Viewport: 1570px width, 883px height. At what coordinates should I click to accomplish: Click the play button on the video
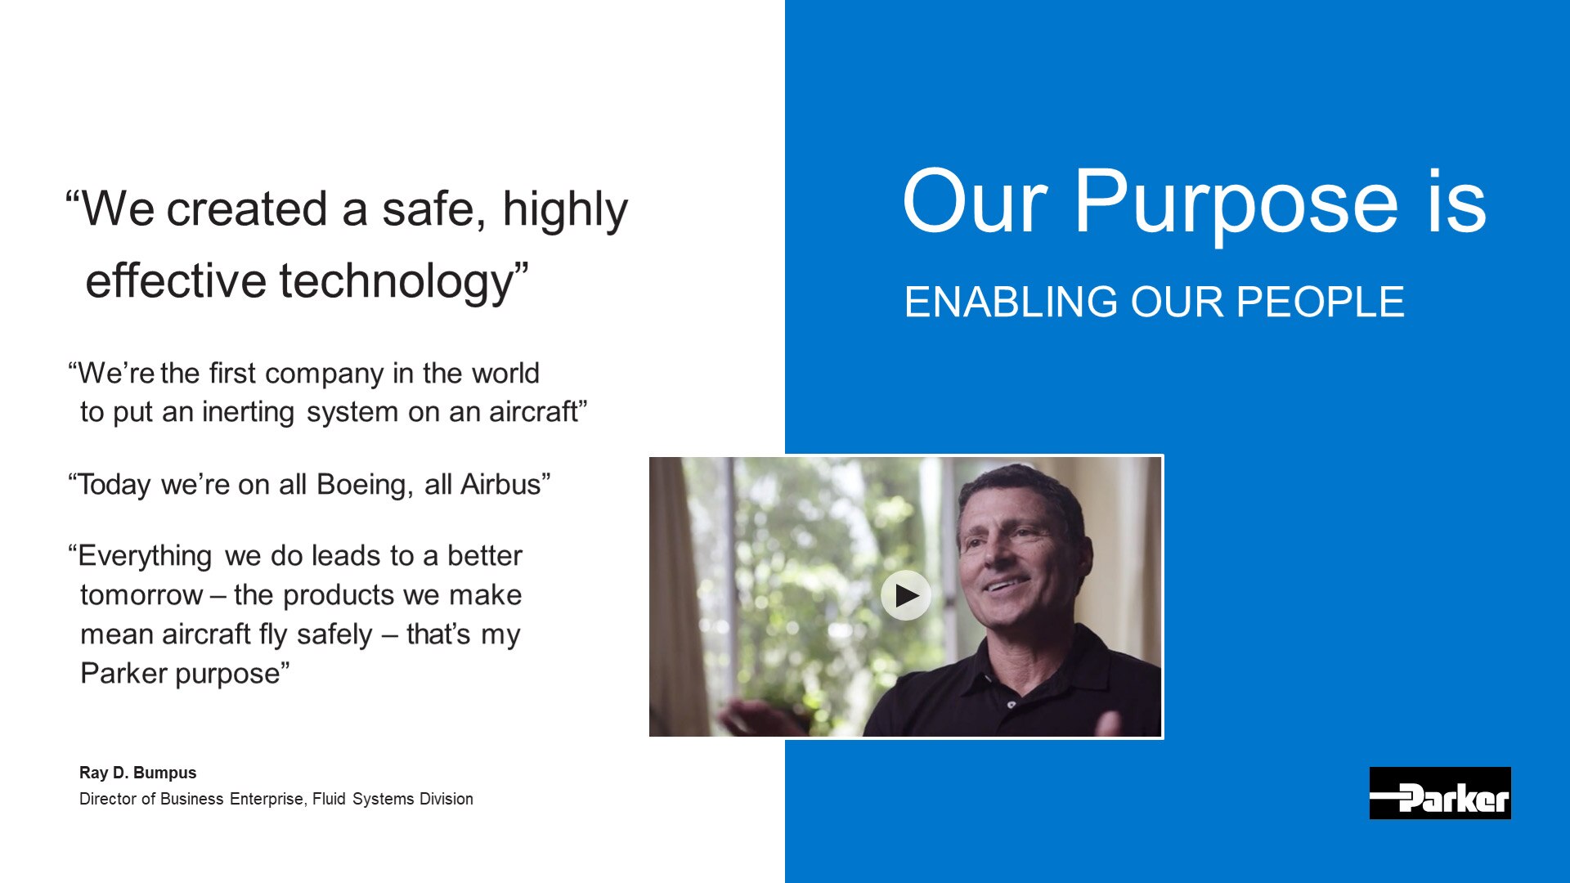click(905, 595)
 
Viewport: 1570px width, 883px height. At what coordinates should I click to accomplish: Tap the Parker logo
click(1440, 793)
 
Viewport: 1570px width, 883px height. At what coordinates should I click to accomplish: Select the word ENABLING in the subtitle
click(1011, 302)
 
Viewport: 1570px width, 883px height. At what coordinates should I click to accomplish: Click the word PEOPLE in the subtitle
click(1321, 302)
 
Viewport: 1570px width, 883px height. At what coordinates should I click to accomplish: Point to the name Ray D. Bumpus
click(137, 773)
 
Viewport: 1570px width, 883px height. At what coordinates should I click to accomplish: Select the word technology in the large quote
click(396, 282)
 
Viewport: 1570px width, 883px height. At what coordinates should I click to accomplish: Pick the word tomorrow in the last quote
click(141, 595)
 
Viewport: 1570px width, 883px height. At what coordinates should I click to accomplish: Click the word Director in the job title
click(108, 799)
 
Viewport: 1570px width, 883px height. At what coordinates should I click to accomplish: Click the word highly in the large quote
click(565, 210)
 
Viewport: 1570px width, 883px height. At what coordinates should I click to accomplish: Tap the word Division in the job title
click(446, 799)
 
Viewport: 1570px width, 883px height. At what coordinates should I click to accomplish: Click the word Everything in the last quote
click(145, 557)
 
